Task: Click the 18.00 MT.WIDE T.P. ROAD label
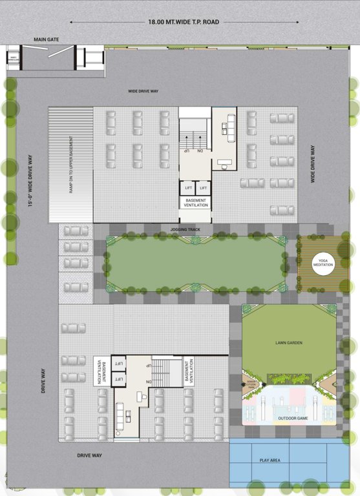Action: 184,22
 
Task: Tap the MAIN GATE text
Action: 47,40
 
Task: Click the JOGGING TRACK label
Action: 185,229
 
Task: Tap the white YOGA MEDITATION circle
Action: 323,263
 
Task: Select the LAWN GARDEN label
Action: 288,342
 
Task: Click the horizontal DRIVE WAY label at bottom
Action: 90,455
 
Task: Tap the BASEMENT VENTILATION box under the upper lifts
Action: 196,203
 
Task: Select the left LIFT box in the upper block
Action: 187,188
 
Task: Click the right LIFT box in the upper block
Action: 204,188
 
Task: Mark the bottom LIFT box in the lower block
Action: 118,379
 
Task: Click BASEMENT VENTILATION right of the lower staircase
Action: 187,372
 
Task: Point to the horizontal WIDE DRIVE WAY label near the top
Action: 143,91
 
